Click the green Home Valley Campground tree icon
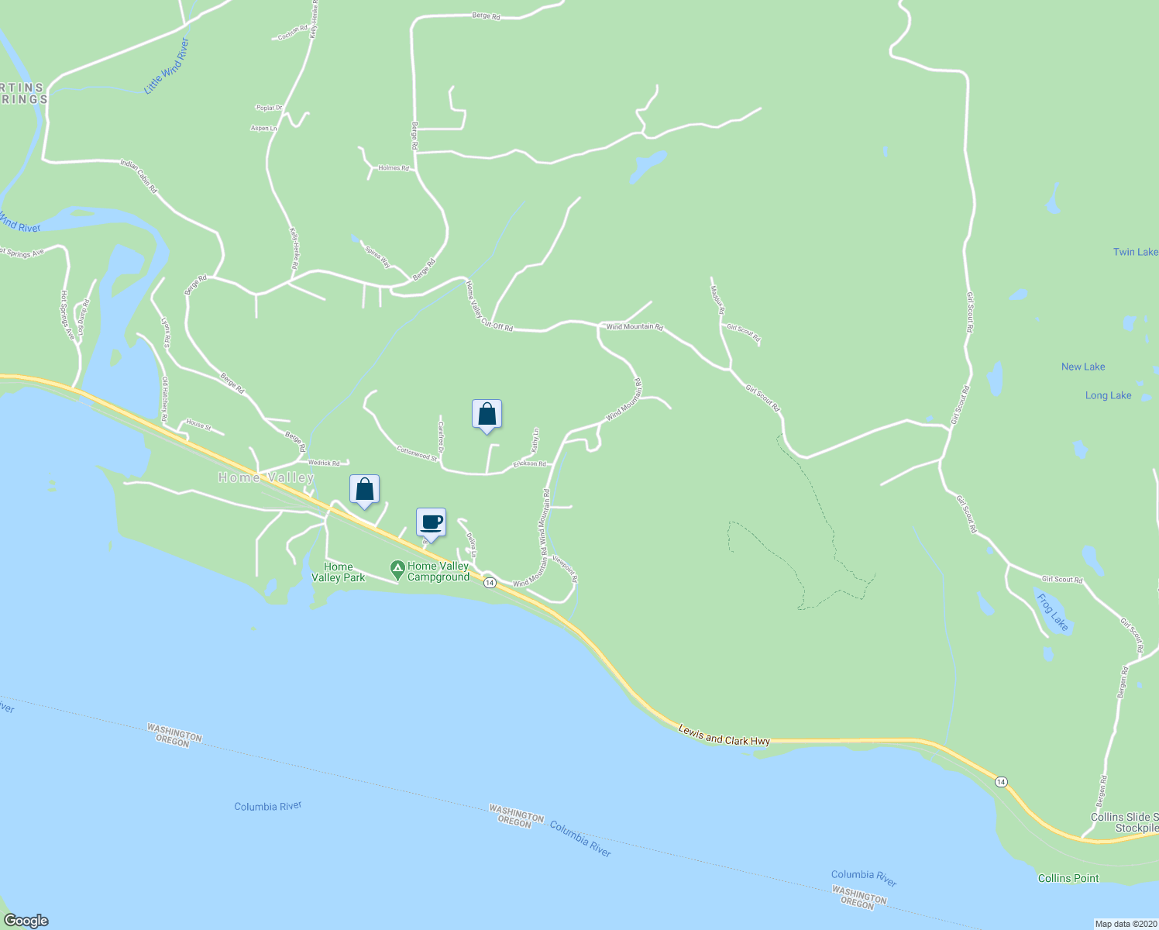[x=397, y=570]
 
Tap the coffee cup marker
[x=432, y=522]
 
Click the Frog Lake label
[x=1053, y=612]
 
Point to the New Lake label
[x=1083, y=367]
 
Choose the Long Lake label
[x=1108, y=395]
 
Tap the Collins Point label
[x=1068, y=878]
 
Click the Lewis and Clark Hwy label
[x=724, y=735]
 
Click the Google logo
[x=26, y=921]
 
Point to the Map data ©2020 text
[x=1124, y=924]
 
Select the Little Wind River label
[x=167, y=67]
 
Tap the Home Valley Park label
[x=339, y=572]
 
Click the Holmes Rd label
[x=394, y=168]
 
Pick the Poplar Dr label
[x=269, y=108]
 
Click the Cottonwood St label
[x=417, y=453]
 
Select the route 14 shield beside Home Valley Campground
[x=490, y=583]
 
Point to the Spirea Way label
[x=377, y=257]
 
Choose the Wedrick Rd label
[x=324, y=463]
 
